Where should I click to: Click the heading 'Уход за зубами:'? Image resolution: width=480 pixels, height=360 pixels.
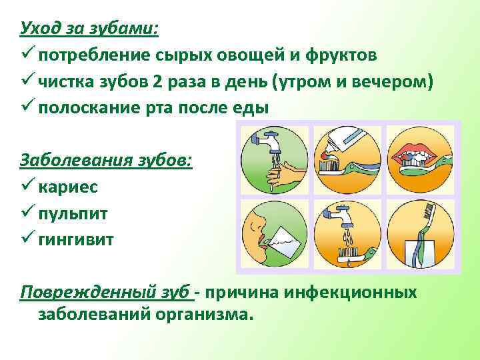[89, 29]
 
